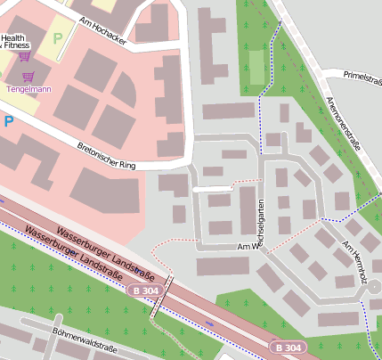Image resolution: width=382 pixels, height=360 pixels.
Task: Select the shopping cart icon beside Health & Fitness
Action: tap(24, 55)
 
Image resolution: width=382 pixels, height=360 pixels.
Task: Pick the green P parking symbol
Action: tap(58, 38)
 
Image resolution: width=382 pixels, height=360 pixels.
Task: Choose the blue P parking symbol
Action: tap(8, 119)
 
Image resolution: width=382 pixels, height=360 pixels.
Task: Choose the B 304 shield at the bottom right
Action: tap(289, 347)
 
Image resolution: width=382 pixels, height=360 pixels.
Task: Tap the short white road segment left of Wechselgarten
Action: tap(212, 189)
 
